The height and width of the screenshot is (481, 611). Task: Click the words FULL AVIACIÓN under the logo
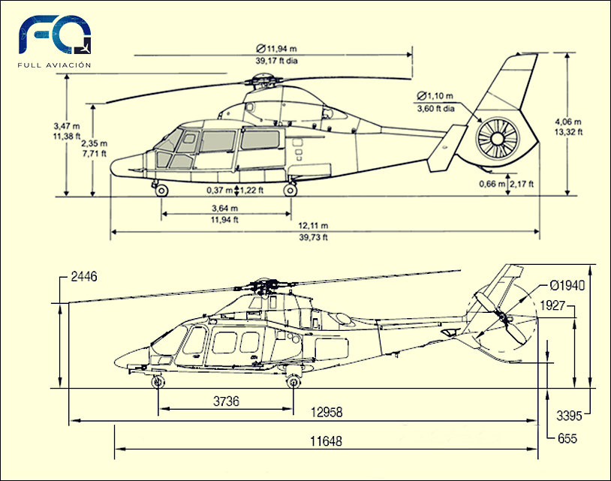point(55,65)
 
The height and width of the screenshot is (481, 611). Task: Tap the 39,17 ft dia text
point(276,61)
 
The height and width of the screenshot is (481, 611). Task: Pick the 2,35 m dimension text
point(94,143)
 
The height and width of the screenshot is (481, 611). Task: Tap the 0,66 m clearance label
point(492,184)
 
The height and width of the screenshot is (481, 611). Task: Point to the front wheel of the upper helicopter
point(162,191)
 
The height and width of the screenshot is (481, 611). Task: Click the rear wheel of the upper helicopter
point(290,191)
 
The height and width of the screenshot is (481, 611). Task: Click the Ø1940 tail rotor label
point(567,285)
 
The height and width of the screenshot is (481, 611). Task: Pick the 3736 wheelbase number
point(225,401)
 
